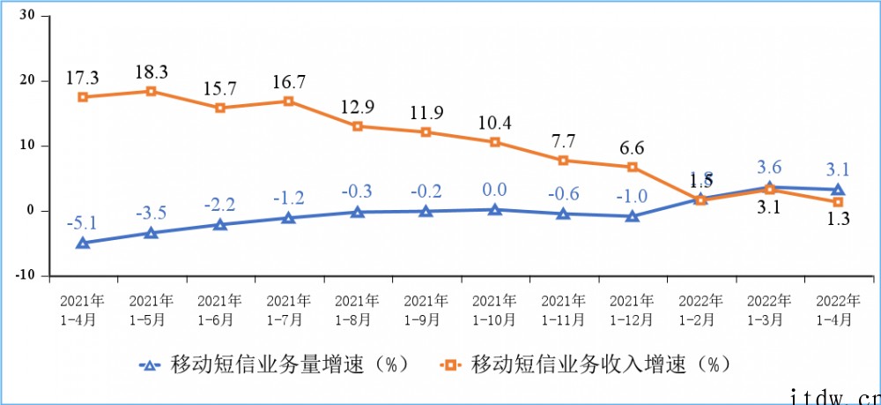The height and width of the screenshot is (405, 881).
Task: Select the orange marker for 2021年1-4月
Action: (x=83, y=97)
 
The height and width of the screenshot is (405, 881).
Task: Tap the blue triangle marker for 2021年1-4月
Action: (x=83, y=243)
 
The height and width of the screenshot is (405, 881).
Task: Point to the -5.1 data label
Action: (x=83, y=222)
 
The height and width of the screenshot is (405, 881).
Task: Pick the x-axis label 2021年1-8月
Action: (x=357, y=309)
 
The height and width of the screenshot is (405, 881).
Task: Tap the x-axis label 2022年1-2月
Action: (x=700, y=309)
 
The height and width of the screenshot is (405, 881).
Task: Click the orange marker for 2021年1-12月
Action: (x=633, y=167)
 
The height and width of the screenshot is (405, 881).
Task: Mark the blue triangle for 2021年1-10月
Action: (x=495, y=210)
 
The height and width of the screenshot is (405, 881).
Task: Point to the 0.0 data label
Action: (x=495, y=190)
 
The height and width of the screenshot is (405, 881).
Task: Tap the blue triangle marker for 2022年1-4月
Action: (x=838, y=190)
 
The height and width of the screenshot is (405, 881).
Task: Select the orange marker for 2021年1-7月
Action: (x=289, y=101)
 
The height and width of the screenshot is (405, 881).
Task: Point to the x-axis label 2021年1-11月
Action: (x=563, y=309)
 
